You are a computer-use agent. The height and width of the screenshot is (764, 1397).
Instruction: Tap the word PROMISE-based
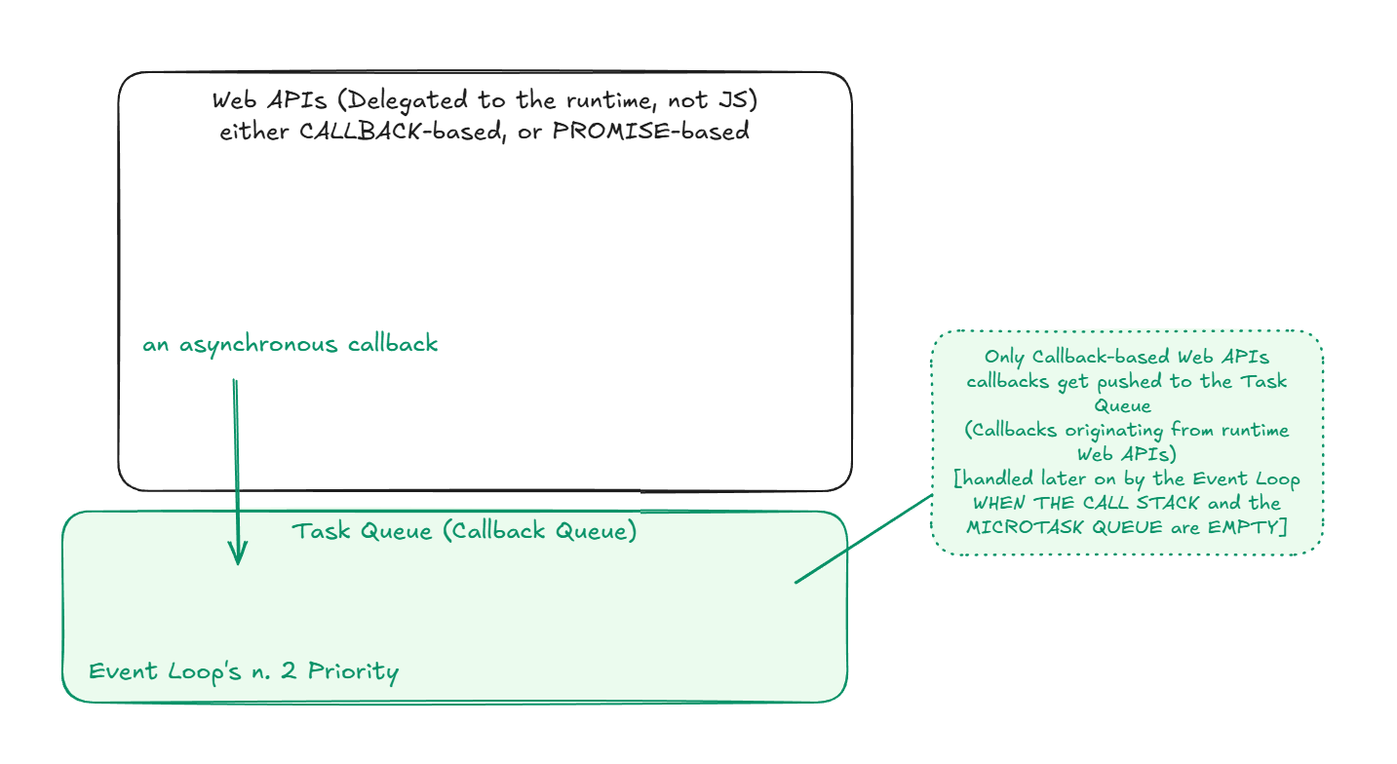click(650, 132)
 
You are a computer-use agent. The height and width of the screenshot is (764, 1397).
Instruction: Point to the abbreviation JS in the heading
click(738, 99)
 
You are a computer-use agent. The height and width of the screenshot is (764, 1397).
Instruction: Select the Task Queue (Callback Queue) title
click(464, 532)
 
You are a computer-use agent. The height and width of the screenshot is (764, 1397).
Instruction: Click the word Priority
click(354, 672)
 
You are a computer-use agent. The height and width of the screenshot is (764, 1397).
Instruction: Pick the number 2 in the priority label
click(290, 672)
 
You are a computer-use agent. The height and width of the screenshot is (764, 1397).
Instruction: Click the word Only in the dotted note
click(1004, 358)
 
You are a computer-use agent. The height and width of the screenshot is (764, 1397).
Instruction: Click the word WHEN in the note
click(999, 503)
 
